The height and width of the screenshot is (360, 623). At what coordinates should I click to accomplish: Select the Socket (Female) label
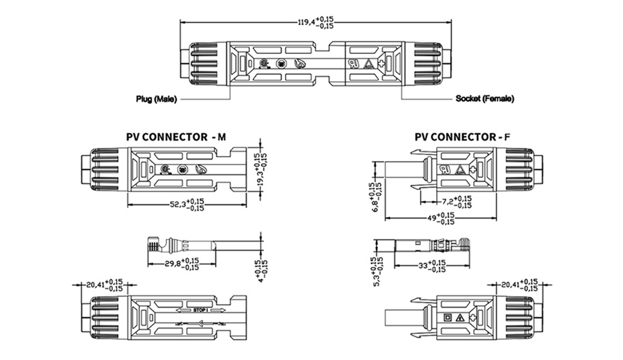(x=484, y=99)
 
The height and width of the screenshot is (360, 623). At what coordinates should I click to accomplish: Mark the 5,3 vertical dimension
(x=377, y=269)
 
